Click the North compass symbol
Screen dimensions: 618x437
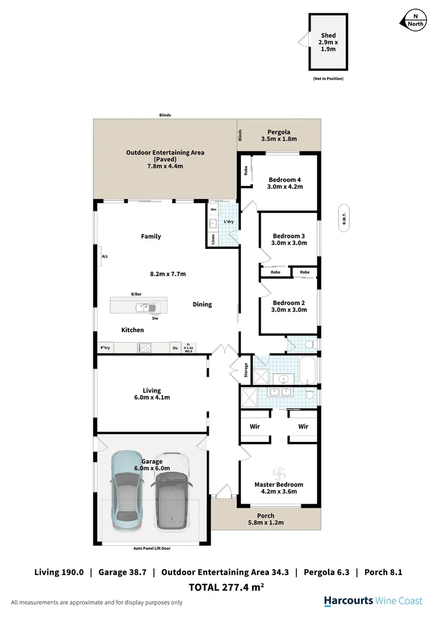tap(415, 19)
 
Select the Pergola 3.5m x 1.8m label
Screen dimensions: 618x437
tap(279, 136)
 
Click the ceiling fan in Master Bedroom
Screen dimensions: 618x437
tap(279, 473)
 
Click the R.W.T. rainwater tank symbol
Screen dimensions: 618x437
tap(344, 218)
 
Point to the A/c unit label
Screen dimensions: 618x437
tap(105, 257)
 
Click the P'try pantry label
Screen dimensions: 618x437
tap(105, 347)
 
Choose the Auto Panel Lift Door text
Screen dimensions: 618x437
tap(152, 548)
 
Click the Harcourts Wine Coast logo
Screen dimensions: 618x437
tap(373, 601)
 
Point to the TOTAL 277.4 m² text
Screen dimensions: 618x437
tap(226, 587)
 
